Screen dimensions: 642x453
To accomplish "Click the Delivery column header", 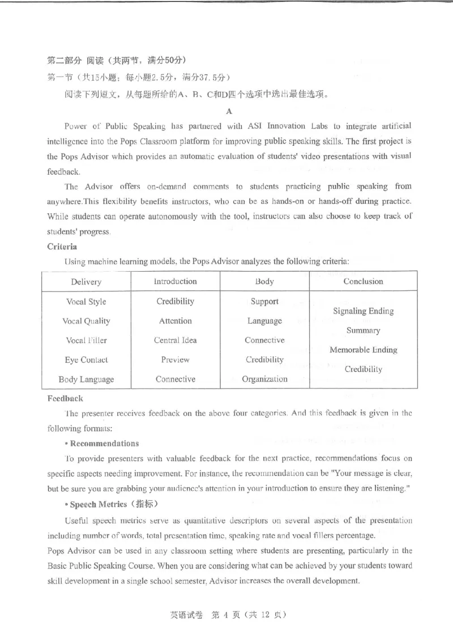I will [x=86, y=282].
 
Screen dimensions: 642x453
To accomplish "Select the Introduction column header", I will [x=176, y=281].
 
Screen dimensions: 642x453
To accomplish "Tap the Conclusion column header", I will [x=363, y=281].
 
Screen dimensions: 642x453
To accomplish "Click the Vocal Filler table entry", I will [x=86, y=340].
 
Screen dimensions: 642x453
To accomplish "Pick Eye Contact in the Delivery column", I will [x=86, y=360].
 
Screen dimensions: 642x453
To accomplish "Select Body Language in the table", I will [x=86, y=379].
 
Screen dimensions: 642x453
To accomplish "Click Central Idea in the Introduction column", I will [x=176, y=340].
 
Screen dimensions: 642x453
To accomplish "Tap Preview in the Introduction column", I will [x=176, y=360].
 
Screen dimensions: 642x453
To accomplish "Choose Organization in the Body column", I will [x=264, y=379].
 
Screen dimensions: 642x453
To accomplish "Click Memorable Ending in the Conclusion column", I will [x=363, y=350].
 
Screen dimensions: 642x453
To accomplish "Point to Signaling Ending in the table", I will [x=363, y=311].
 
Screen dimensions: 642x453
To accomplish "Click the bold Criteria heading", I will [x=62, y=247].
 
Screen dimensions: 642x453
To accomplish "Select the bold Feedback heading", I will [x=65, y=399].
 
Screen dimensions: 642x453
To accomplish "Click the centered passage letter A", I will [x=229, y=111].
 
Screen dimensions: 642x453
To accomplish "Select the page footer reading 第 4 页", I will [x=226, y=615].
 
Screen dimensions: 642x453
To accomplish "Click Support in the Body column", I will [x=264, y=301].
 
